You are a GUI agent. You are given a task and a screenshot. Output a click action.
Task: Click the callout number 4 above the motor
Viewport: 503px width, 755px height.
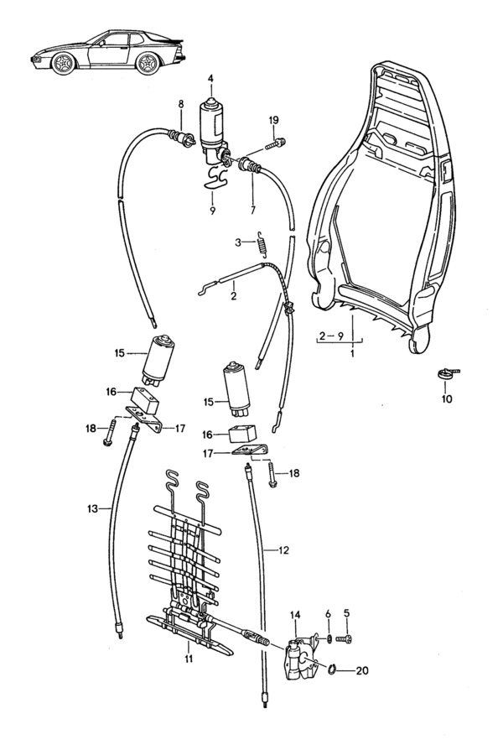pos(211,81)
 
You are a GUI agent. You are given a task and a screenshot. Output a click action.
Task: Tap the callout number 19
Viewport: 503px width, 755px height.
pos(273,121)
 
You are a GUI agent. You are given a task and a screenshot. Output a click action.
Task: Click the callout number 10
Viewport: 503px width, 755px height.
pos(447,398)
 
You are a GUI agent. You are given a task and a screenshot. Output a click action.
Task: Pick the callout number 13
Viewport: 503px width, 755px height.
pos(92,508)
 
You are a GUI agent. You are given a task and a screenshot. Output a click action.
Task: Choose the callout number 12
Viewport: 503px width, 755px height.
pos(283,550)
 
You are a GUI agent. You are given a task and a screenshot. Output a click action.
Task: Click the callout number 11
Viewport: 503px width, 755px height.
pos(189,659)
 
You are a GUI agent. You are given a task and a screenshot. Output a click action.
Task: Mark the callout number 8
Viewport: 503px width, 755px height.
pos(179,104)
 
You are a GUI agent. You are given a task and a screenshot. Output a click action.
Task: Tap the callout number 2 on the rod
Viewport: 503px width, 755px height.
pos(233,296)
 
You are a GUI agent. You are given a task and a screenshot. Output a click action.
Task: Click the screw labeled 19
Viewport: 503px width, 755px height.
pos(274,143)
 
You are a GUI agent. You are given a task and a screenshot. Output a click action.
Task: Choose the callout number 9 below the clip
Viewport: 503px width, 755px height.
pos(213,211)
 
